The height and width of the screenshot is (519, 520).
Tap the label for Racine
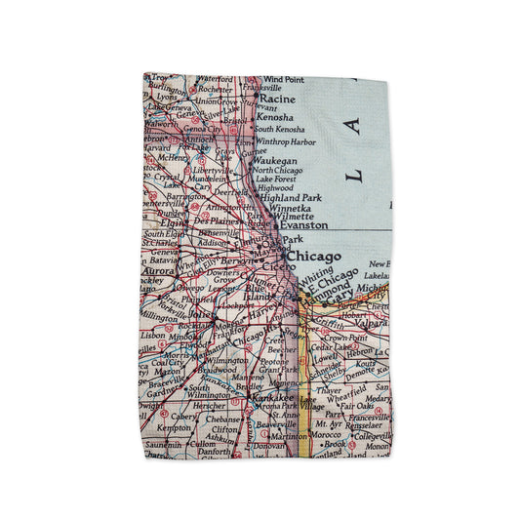pos(277,100)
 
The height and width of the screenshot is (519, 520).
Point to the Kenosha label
pos(277,116)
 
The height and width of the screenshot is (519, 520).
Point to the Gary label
pos(338,301)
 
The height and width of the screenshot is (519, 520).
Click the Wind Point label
pos(283,79)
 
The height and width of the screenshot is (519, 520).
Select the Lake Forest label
pos(275,180)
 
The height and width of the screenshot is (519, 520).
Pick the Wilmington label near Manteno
pos(225,360)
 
